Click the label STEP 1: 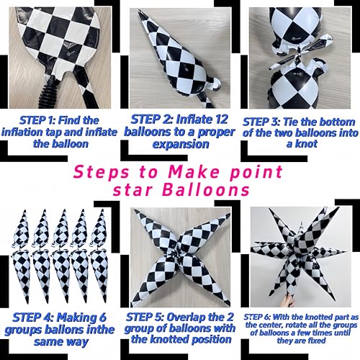coord(37,120)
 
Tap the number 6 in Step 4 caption coord(103,318)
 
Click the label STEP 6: coord(257,317)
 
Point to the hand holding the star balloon coord(287,300)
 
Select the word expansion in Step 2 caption coord(181,145)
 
